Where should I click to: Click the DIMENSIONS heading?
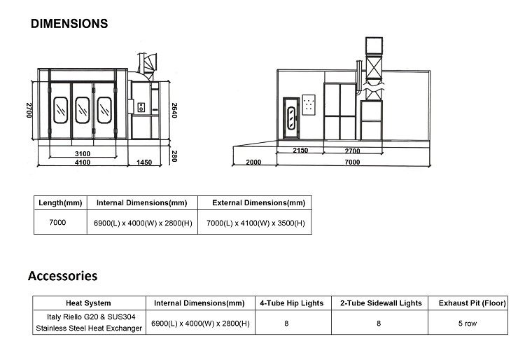(69, 24)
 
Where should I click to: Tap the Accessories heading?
(62, 276)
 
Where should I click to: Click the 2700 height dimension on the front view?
(29, 110)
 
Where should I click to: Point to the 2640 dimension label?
(174, 110)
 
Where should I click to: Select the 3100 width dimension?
(83, 153)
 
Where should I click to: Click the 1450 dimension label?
(144, 162)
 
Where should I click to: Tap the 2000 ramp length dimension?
(253, 162)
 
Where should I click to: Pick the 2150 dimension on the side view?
(300, 151)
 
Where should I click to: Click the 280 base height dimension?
(174, 156)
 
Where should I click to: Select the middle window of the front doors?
(83, 110)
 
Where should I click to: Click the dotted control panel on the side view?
(309, 105)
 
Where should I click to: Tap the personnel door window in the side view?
(291, 117)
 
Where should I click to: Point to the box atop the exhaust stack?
(374, 46)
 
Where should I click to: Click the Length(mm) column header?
(60, 203)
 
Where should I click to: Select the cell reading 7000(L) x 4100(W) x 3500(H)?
(255, 223)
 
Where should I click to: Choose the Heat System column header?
(88, 303)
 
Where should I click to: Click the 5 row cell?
(468, 324)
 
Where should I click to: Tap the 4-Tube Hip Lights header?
(292, 303)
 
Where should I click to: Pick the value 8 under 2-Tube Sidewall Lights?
(379, 324)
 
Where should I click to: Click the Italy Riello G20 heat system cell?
(89, 322)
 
